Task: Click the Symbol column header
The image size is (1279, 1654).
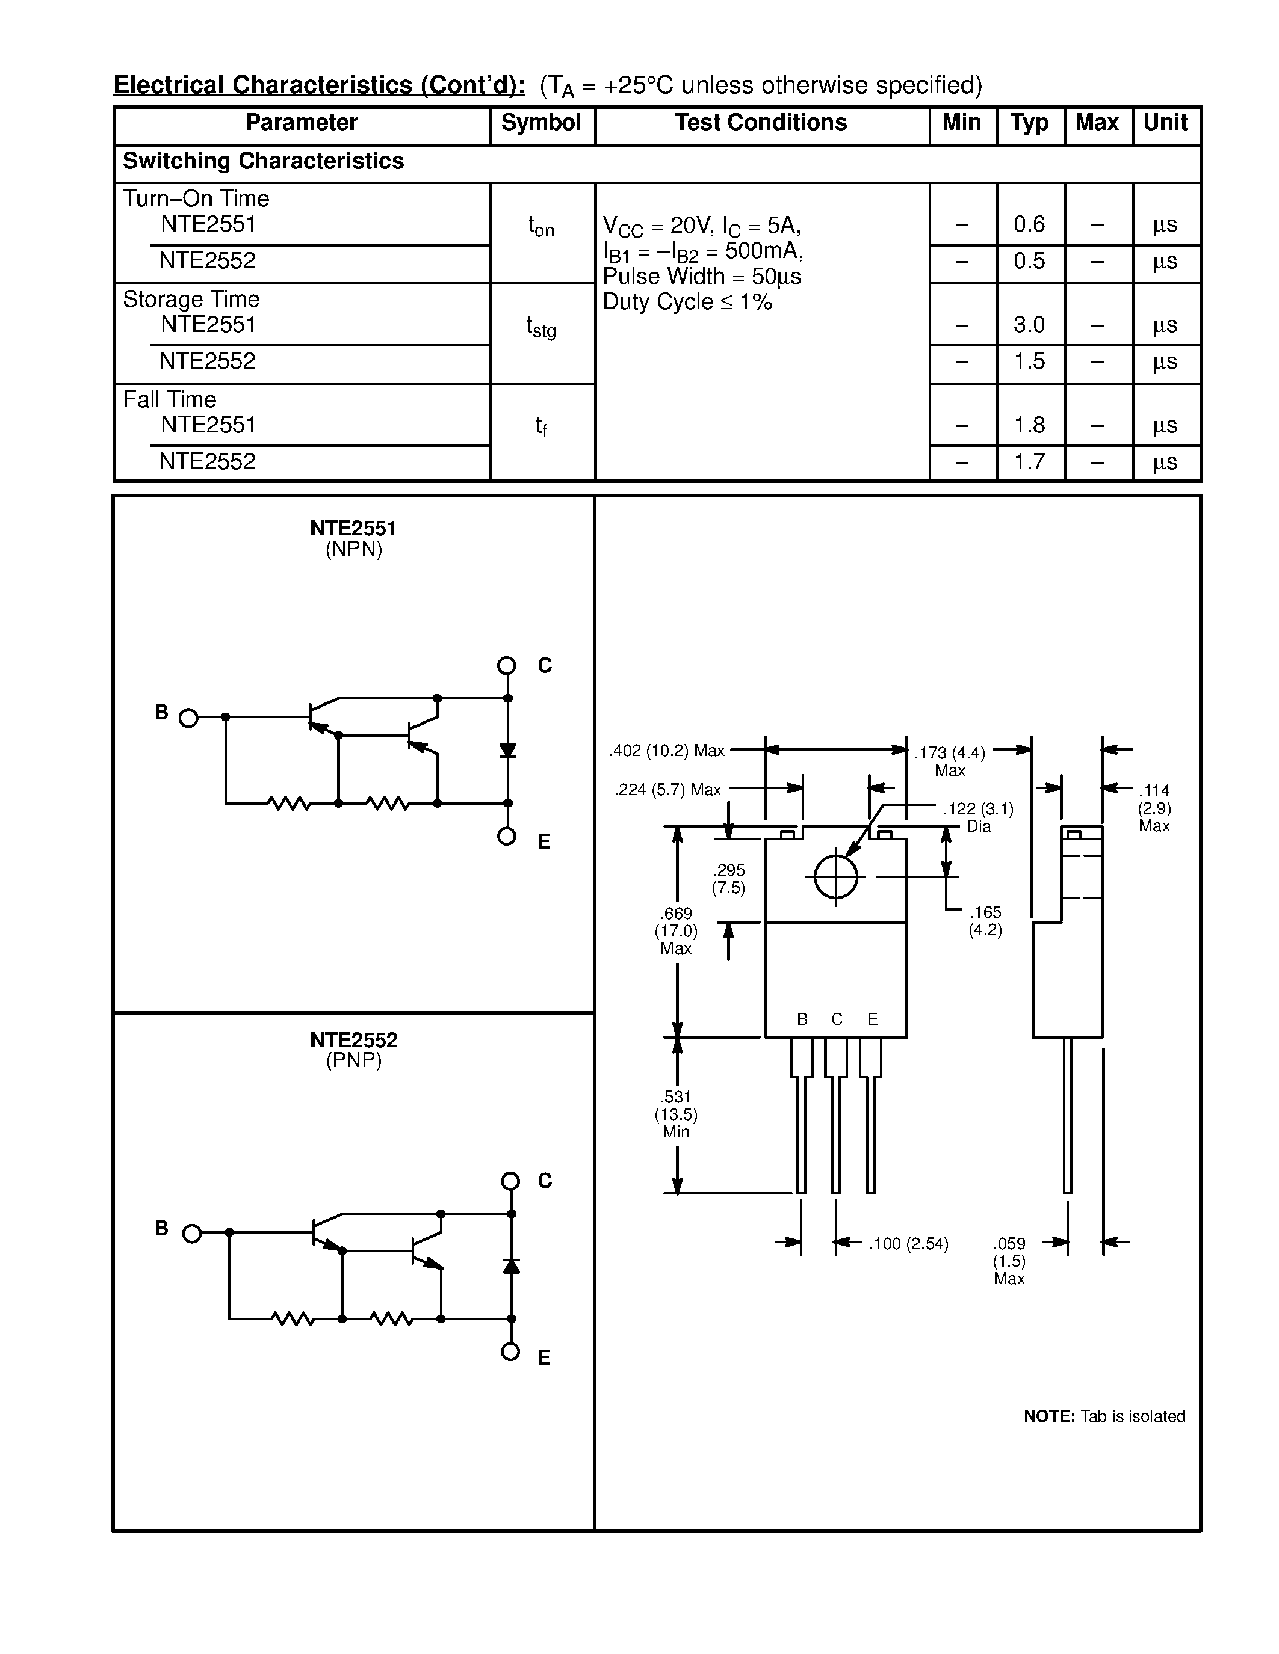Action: [541, 123]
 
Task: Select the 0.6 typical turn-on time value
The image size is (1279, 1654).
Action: [1029, 224]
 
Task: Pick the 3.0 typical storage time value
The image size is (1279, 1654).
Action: [1029, 325]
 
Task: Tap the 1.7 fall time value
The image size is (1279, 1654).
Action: [1029, 461]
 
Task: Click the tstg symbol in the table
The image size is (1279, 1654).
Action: [541, 327]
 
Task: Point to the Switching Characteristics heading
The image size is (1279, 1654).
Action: [263, 161]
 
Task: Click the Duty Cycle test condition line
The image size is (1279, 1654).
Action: [687, 302]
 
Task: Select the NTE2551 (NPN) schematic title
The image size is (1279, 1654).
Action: [353, 538]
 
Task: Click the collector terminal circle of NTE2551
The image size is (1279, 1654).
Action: [507, 666]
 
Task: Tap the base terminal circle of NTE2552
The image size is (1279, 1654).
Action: [193, 1234]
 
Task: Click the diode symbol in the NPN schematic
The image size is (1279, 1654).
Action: [507, 751]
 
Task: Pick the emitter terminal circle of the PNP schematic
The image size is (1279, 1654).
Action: [510, 1352]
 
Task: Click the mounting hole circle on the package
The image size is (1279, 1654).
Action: [836, 877]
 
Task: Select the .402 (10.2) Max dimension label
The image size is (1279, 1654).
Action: [666, 751]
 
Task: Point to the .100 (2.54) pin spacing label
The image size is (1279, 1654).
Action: [908, 1244]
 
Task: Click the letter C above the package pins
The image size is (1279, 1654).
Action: [837, 1019]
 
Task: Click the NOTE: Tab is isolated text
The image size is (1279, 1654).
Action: [1104, 1416]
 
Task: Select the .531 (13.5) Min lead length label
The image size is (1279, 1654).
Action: [676, 1114]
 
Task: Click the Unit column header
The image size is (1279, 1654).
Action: [1165, 123]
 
